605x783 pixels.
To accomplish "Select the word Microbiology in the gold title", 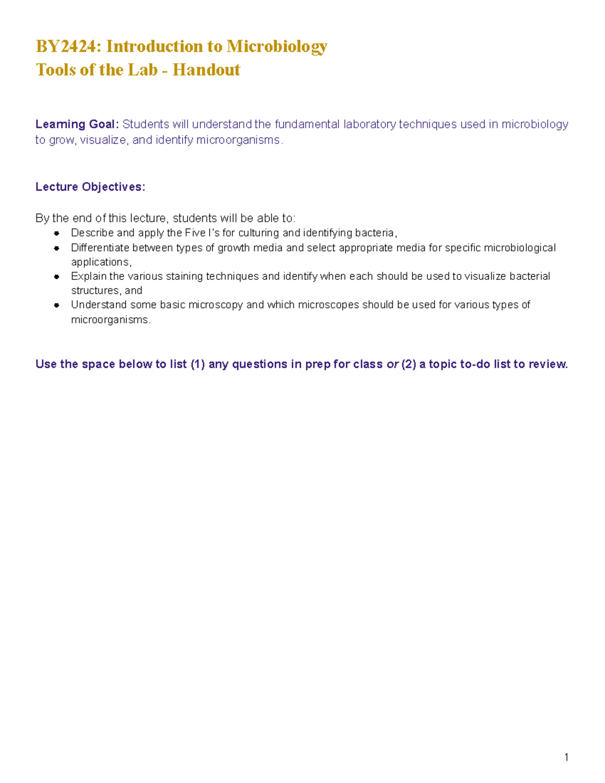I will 277,46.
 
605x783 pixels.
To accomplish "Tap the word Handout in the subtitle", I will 206,70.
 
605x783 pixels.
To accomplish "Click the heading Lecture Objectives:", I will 90,187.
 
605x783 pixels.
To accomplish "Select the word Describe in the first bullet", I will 92,233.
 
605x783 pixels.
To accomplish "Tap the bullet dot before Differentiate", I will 56,248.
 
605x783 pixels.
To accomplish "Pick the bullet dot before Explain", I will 56,277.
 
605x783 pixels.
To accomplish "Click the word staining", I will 184,276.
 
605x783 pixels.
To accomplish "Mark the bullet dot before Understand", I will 56,305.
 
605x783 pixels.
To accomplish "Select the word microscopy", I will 215,305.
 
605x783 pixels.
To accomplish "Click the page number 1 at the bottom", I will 567,757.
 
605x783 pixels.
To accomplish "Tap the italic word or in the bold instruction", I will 392,364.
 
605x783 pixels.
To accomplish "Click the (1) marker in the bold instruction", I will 198,364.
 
